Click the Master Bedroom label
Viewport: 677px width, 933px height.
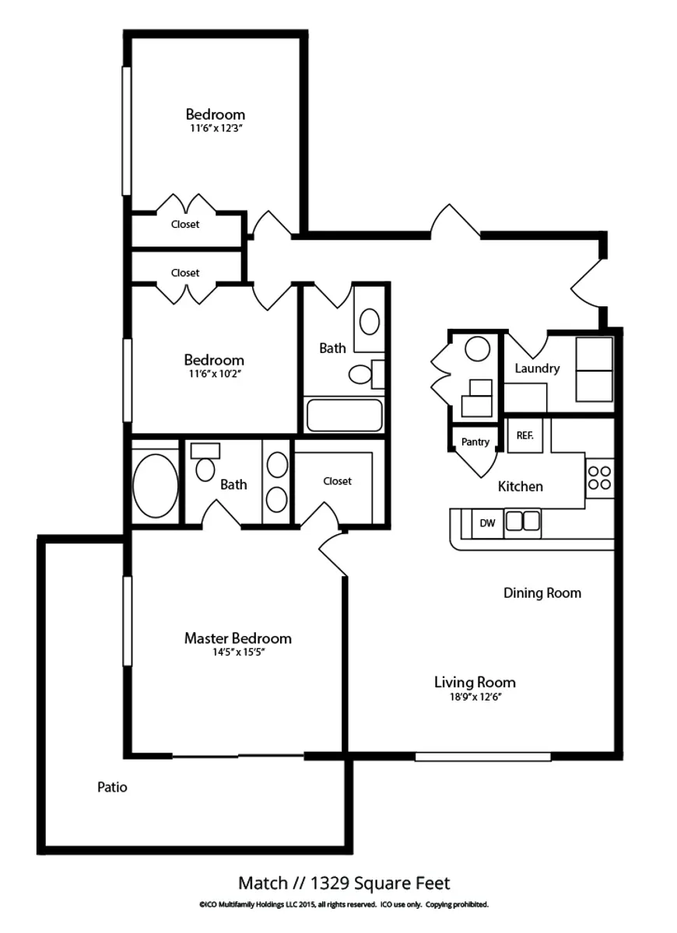coord(237,638)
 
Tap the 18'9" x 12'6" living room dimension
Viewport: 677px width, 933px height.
coord(474,697)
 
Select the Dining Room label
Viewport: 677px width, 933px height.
coord(542,593)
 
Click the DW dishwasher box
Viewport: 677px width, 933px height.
coord(487,523)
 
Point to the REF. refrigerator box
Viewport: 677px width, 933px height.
coord(524,436)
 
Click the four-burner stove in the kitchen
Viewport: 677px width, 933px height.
coord(599,477)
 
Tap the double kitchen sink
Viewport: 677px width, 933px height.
coord(522,520)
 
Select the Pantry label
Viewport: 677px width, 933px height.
coord(475,442)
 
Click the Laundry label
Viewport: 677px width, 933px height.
coord(537,369)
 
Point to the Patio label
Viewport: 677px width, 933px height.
coord(112,788)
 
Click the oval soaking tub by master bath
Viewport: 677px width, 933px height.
coord(155,486)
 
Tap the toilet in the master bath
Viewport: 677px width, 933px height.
coord(205,469)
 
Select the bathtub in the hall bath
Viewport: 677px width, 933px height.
coord(344,415)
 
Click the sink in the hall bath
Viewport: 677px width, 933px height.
coord(370,321)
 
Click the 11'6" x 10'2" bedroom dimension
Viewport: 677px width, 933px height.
coord(214,374)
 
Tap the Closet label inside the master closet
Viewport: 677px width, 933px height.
coord(337,481)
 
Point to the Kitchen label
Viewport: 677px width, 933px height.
coord(520,487)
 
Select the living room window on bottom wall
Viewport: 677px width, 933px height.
coord(482,757)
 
